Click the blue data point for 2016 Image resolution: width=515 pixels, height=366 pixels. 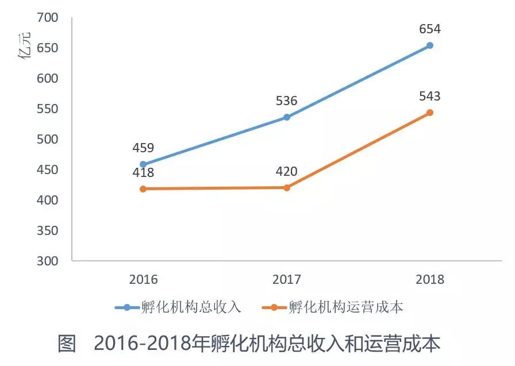pos(143,164)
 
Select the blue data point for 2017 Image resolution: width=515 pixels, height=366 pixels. pos(287,117)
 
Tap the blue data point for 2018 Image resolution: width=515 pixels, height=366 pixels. pos(430,45)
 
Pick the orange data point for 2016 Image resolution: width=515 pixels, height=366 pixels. pos(143,188)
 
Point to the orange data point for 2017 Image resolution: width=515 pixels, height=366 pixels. pos(287,187)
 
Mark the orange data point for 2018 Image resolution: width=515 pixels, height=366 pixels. pos(430,113)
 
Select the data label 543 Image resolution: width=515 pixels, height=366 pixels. pos(430,97)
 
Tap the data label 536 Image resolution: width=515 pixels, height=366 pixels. pos(286,101)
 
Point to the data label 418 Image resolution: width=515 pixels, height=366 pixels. pos(143,172)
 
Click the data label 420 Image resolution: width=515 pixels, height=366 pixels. pos(286,171)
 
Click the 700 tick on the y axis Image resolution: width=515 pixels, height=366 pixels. pos(47,17)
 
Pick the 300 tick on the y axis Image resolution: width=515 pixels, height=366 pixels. pos(47,261)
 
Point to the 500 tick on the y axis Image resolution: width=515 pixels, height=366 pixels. pos(47,139)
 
